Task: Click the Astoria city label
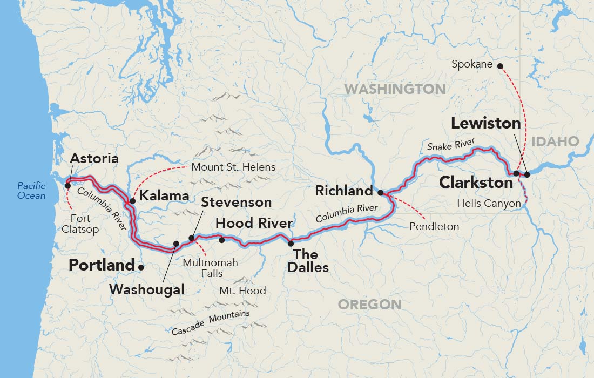[x=94, y=159]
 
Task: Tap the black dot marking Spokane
[x=500, y=66]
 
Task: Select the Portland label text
[x=102, y=266]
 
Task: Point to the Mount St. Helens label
[x=233, y=167]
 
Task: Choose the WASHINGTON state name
[x=395, y=89]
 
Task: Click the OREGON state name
[x=370, y=305]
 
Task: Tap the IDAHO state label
[x=555, y=141]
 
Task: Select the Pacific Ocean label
[x=31, y=191]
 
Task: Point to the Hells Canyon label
[x=489, y=204]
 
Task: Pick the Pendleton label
[x=434, y=226]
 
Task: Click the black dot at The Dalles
[x=291, y=244]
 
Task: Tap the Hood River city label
[x=254, y=223]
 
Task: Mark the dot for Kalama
[x=132, y=201]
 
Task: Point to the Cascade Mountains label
[x=211, y=322]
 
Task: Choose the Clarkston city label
[x=476, y=183]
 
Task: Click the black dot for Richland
[x=380, y=192]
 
